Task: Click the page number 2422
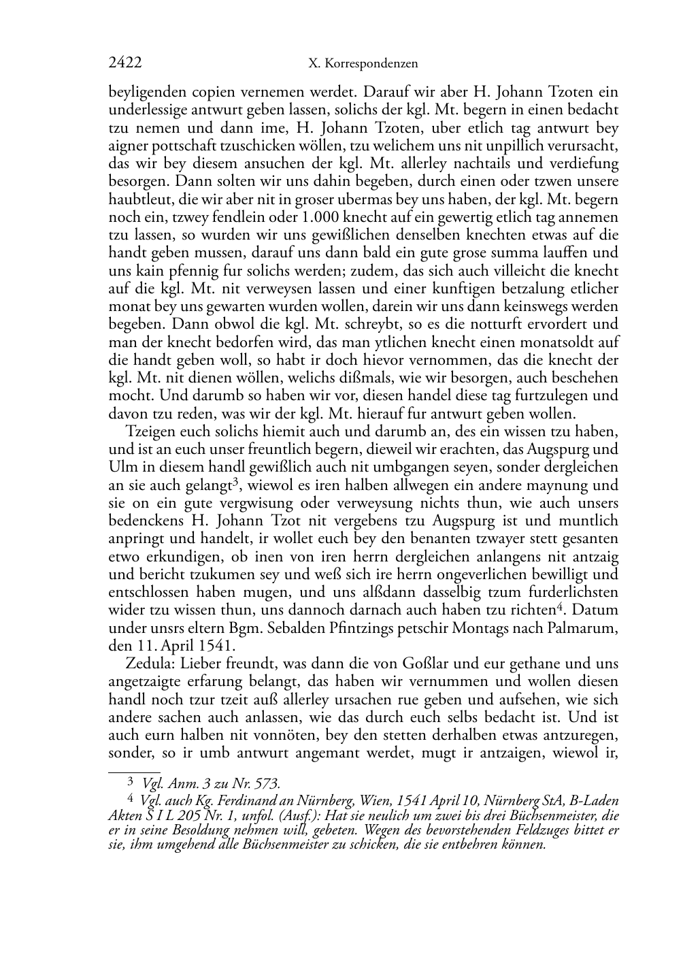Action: point(125,63)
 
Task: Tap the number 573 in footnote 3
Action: point(267,784)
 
